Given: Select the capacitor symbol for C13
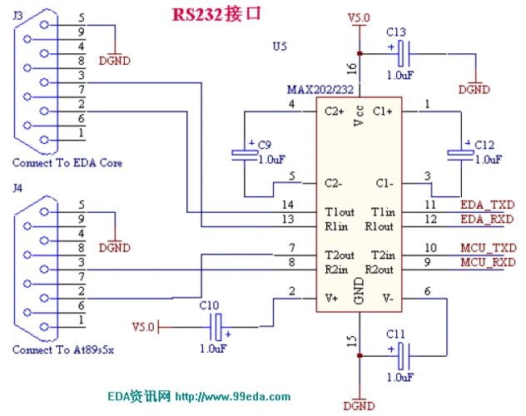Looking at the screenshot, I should coord(403,55).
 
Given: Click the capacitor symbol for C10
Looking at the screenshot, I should coord(217,325).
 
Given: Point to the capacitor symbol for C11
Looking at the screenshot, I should coord(403,356).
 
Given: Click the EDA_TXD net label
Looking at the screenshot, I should coord(486,204).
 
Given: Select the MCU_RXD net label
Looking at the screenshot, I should coord(487,263).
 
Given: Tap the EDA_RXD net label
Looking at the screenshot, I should coord(486,220).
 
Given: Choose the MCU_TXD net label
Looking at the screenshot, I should coord(487,248).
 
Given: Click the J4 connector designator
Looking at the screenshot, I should coord(17,189).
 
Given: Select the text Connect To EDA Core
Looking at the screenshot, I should coord(67,163).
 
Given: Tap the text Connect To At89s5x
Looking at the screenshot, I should coord(62,349).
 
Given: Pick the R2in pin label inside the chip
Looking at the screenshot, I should coord(336,270).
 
